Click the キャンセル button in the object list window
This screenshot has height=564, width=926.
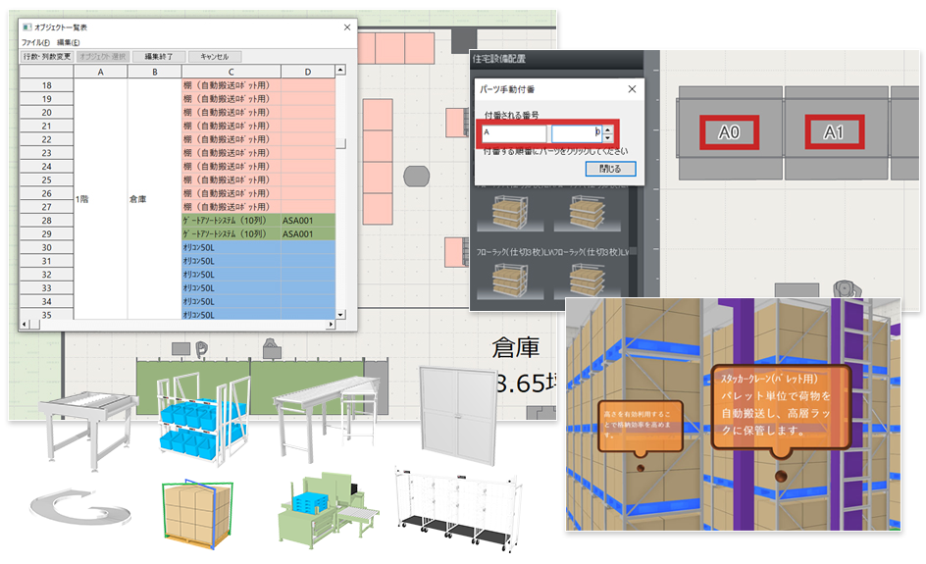pyautogui.click(x=215, y=57)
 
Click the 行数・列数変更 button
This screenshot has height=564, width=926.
pyautogui.click(x=46, y=57)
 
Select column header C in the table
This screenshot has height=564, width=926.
pyautogui.click(x=231, y=72)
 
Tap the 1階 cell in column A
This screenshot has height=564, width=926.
pyautogui.click(x=84, y=199)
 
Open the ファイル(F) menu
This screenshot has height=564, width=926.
pyautogui.click(x=35, y=43)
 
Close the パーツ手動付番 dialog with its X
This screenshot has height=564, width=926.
pyautogui.click(x=631, y=89)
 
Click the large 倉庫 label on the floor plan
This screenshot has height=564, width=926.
pyautogui.click(x=517, y=349)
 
